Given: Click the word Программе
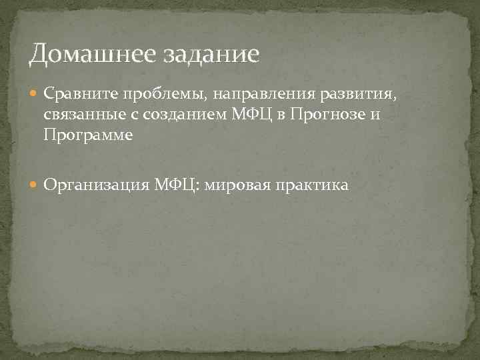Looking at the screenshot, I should click(x=89, y=135).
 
